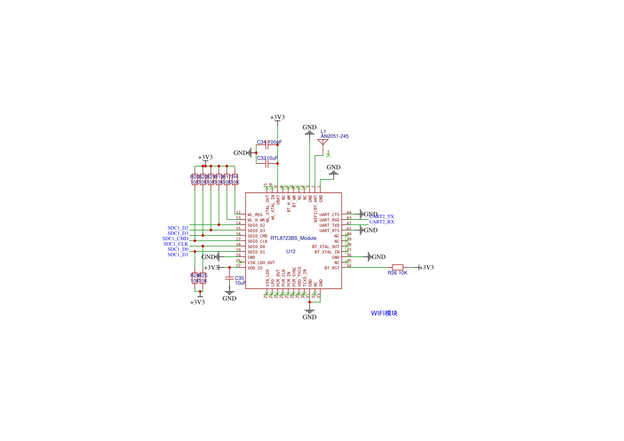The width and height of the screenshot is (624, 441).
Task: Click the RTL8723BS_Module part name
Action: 293,238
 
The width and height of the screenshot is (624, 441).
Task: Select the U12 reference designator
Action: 291,251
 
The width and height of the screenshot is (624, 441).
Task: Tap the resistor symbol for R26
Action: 398,267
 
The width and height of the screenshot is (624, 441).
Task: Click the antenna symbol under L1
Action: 323,142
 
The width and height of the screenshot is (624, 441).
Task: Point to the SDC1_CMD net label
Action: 176,238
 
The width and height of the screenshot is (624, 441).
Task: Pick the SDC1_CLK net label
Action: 176,244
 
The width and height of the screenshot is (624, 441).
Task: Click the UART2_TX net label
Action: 382,217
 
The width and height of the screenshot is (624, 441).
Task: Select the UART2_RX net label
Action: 382,222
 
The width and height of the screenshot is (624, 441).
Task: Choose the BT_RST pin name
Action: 331,268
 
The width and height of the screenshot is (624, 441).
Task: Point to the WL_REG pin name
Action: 255,214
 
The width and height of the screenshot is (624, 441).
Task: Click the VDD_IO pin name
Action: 255,268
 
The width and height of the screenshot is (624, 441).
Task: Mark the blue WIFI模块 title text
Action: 384,314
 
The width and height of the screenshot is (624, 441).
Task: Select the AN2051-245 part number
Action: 335,137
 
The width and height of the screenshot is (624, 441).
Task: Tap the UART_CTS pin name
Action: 329,214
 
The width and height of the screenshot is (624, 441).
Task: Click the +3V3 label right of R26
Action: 426,268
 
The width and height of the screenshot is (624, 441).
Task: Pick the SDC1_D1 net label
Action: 178,254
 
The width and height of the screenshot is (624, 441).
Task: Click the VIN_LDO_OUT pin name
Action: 261,262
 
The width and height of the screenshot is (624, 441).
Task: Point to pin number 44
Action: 349,212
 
